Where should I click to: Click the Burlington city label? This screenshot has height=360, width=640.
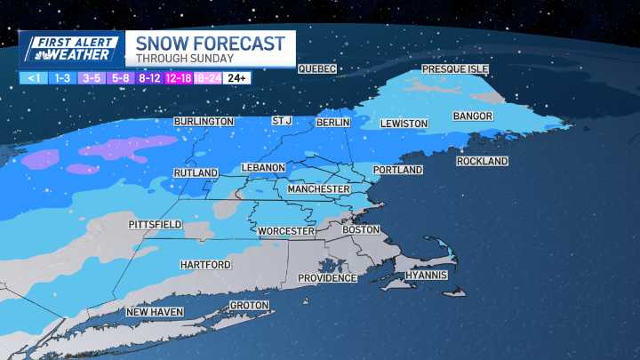click(204, 121)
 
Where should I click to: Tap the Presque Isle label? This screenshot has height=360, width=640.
click(455, 69)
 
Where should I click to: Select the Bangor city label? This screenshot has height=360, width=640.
click(472, 116)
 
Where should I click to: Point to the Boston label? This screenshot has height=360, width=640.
click(361, 229)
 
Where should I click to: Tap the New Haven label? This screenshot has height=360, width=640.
click(153, 312)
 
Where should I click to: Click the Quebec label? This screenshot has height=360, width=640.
click(317, 69)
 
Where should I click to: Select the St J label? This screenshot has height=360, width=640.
click(282, 121)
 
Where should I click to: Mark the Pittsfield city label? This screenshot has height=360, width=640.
click(155, 224)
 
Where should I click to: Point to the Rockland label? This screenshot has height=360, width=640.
click(482, 161)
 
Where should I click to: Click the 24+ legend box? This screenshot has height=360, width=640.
click(237, 77)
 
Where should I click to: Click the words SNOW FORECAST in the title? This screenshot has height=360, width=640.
click(204, 44)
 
